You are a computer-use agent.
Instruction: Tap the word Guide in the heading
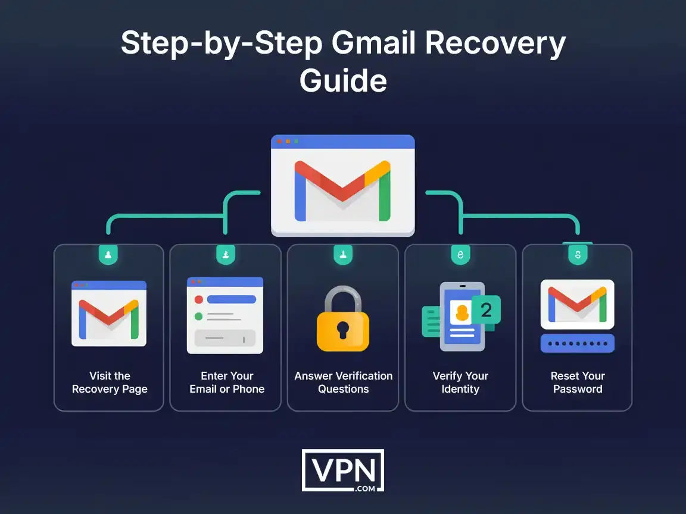343,80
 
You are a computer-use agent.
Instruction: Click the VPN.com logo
343,470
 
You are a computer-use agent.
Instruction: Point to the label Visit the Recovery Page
110,383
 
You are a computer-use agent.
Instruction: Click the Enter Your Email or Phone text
226,383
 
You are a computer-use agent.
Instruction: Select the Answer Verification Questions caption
343,383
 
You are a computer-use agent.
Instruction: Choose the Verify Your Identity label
460,383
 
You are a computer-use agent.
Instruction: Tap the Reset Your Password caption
577,383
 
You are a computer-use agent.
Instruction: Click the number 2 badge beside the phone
486,309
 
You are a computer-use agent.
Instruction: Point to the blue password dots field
577,344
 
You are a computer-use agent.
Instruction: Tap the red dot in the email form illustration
199,300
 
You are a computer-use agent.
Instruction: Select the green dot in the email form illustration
199,316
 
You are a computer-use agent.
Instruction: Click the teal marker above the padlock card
343,255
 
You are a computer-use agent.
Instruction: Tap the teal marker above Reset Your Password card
577,255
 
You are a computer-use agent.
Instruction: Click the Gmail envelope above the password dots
577,304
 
